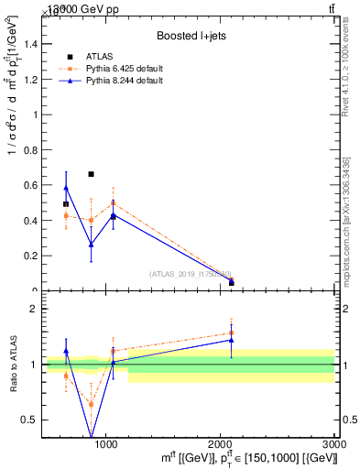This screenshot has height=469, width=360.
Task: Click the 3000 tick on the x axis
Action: (334, 442)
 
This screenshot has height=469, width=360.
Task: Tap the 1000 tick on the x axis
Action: (107, 442)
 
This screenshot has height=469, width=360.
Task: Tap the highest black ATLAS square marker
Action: (91, 174)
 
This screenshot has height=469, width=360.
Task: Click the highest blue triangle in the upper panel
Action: (66, 188)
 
